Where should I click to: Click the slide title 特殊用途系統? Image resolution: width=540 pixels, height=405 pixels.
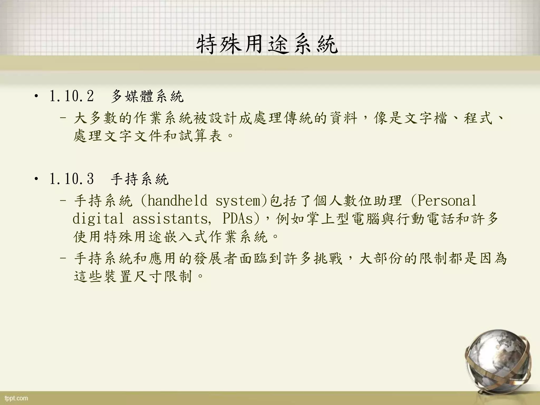(x=267, y=45)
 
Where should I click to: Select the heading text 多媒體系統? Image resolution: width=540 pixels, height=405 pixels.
(x=147, y=96)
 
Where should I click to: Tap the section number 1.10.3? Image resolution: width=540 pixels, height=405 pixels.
(x=71, y=179)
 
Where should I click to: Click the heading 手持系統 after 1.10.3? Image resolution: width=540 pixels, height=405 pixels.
(x=139, y=179)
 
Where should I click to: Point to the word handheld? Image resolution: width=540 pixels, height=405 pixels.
(x=177, y=201)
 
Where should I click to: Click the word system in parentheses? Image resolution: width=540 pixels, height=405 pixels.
(x=238, y=201)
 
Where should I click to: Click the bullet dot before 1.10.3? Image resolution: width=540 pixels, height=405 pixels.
(x=36, y=180)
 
